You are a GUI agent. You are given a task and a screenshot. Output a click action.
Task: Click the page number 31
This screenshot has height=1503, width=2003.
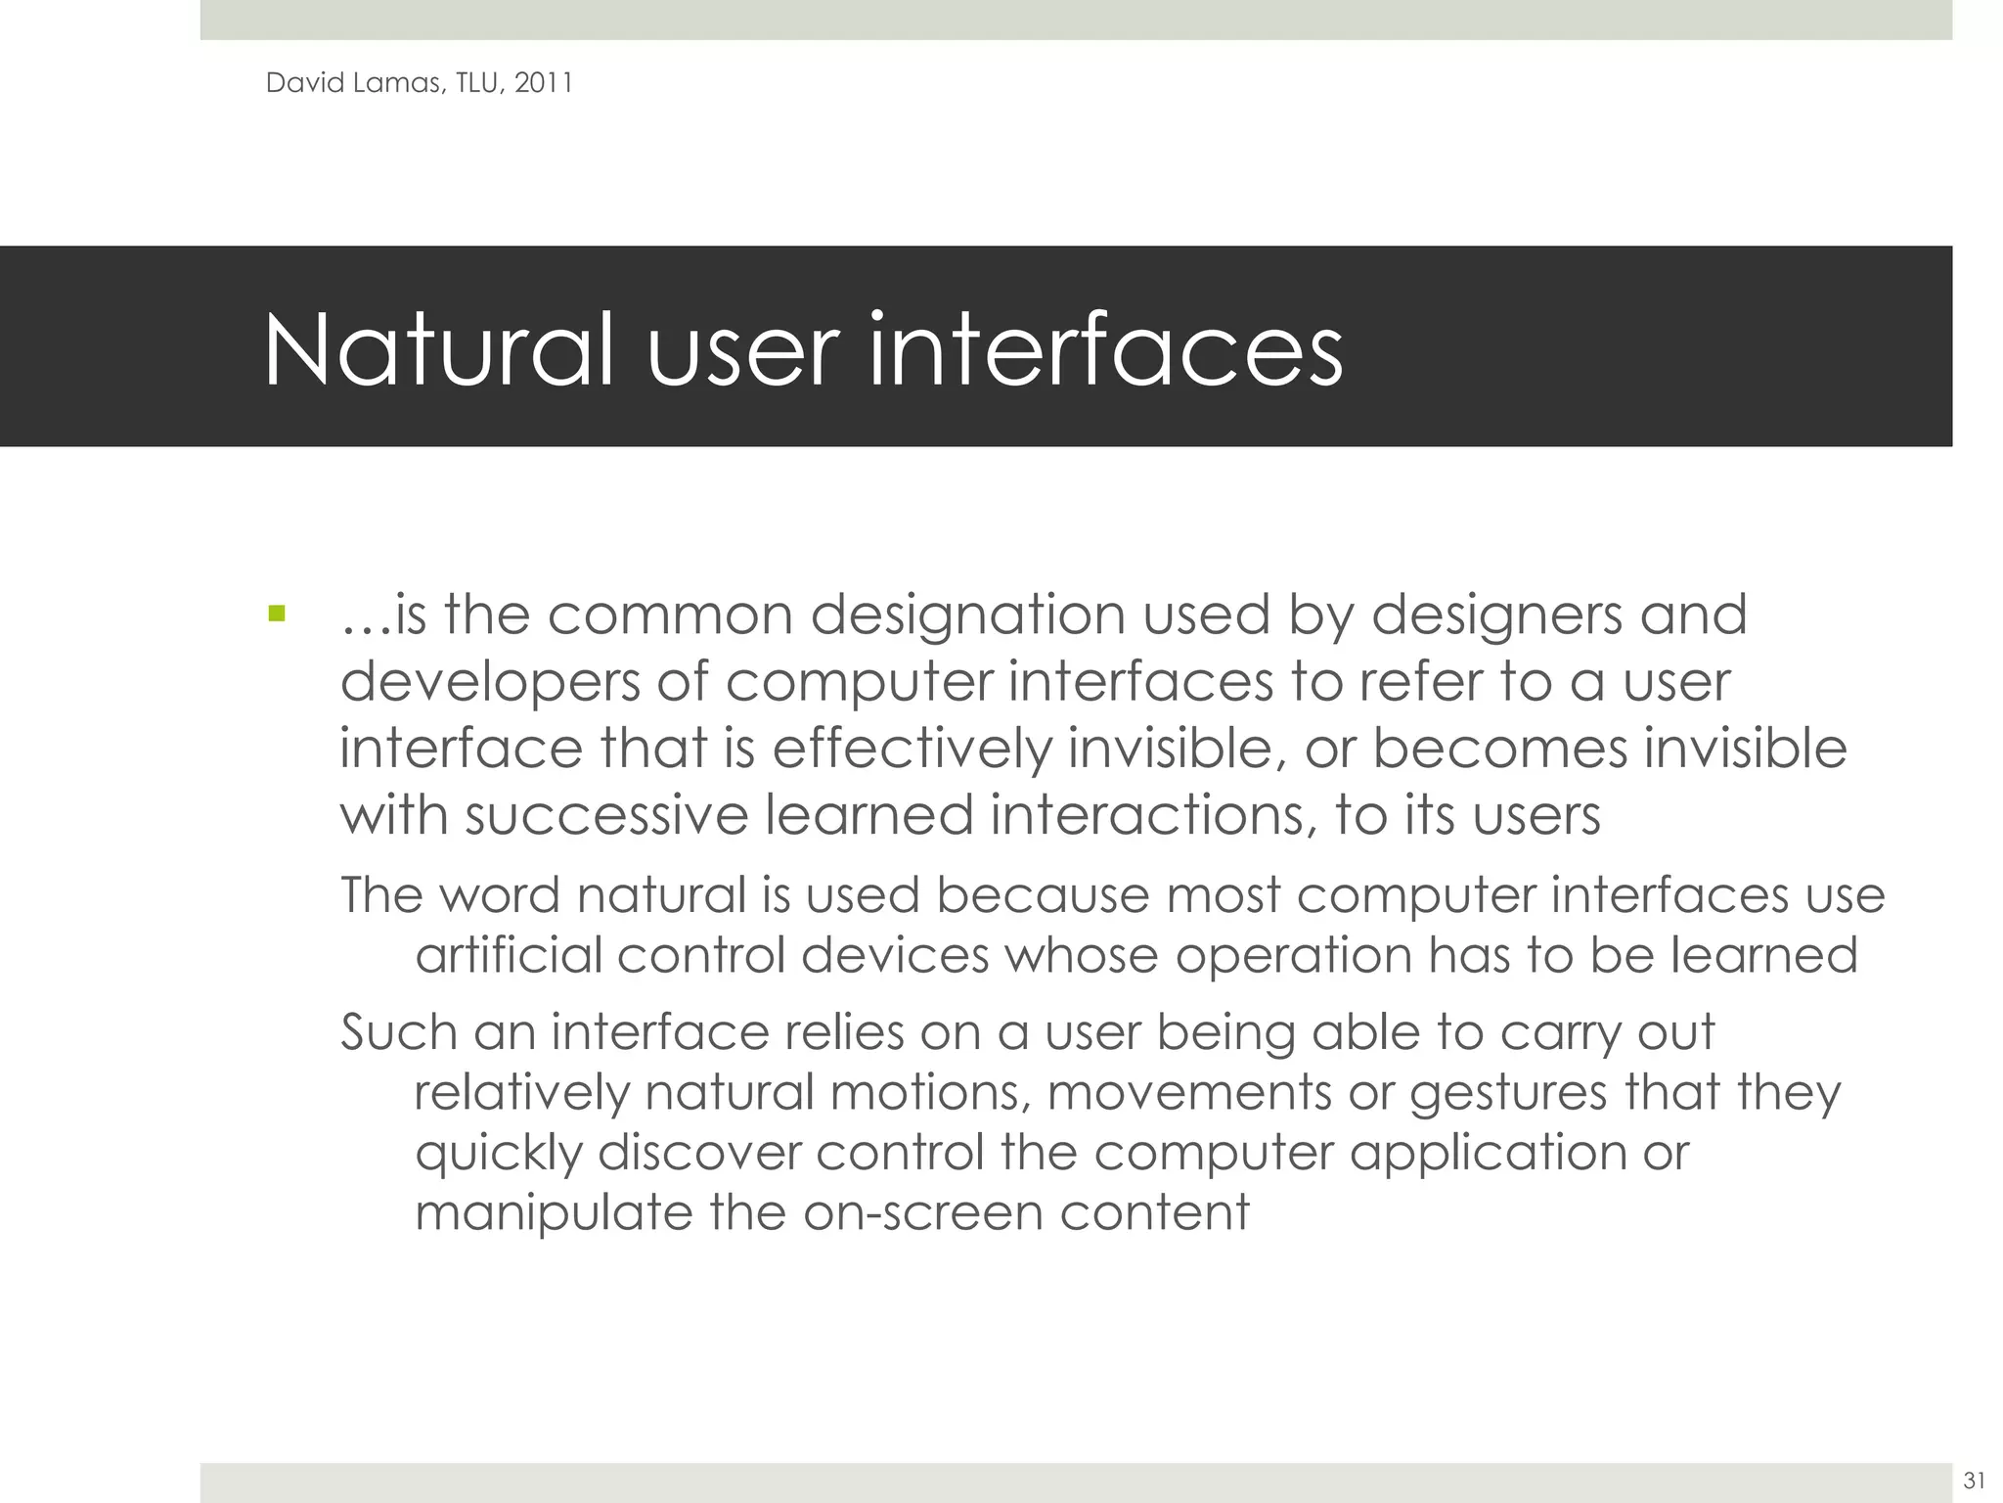click(1974, 1480)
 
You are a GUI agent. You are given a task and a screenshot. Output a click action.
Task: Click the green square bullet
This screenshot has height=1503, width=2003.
click(277, 615)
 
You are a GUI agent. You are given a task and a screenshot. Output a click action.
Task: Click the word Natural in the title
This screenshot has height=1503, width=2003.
click(438, 350)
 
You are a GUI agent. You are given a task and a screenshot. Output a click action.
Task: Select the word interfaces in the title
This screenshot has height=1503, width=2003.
click(1105, 350)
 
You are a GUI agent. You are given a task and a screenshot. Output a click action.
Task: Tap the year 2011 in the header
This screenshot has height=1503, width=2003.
click(543, 83)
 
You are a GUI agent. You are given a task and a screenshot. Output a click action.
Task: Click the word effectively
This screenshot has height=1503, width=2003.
click(912, 749)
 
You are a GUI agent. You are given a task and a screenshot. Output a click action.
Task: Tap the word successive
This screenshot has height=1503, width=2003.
click(606, 815)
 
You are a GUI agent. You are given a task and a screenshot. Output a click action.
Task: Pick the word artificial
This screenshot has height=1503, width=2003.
click(509, 955)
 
